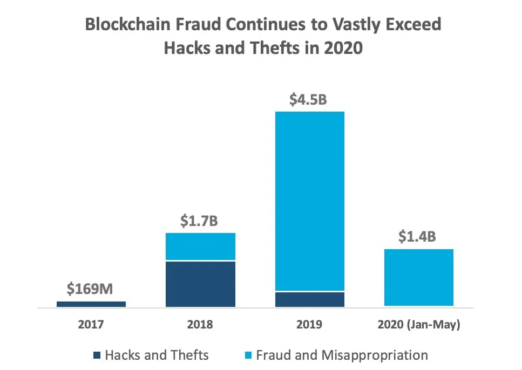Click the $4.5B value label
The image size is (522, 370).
pos(309,100)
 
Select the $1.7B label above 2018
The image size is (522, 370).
pos(200,222)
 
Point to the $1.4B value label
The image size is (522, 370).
pos(418,237)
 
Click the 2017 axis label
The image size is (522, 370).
pos(90,325)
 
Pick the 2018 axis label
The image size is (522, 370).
pos(200,325)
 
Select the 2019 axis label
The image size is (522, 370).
pos(309,325)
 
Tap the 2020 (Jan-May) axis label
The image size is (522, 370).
pos(418,325)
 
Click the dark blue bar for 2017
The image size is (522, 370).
pos(91,304)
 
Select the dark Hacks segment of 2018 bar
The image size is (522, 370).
pos(200,284)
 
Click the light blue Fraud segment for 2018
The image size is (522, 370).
pos(200,246)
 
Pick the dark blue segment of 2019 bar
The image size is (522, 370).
pos(309,299)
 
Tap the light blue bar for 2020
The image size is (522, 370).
pos(418,277)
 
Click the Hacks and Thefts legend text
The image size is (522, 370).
pos(157,355)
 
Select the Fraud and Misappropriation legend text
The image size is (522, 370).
pos(342,355)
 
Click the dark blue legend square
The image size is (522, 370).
pos(97,355)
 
